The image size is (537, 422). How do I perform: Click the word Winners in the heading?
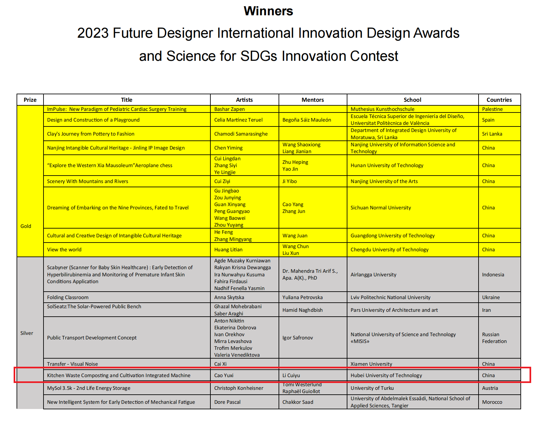[268, 11]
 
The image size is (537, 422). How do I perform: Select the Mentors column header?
[313, 100]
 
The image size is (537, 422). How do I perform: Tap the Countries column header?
[499, 100]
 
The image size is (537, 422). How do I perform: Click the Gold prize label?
[26, 226]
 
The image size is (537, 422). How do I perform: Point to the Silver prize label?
[27, 333]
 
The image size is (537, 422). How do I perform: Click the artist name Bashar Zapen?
[229, 109]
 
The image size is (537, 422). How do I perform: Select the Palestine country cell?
[492, 109]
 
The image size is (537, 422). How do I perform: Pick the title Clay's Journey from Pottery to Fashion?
[91, 134]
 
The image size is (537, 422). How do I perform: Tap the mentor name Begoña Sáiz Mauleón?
[307, 120]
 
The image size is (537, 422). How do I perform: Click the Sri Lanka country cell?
[492, 134]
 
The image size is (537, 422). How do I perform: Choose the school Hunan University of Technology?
[387, 165]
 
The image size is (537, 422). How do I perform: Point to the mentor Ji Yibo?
[289, 181]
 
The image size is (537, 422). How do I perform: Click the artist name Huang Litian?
[228, 250]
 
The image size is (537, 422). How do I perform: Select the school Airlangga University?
[373, 275]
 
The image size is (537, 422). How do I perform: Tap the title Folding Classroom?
[68, 297]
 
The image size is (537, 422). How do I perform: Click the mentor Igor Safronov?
[297, 338]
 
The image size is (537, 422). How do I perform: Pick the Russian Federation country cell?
[494, 338]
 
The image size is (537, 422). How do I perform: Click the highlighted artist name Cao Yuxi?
[224, 375]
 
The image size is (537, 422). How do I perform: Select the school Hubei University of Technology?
[386, 375]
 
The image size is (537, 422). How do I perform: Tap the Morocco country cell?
[492, 402]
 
